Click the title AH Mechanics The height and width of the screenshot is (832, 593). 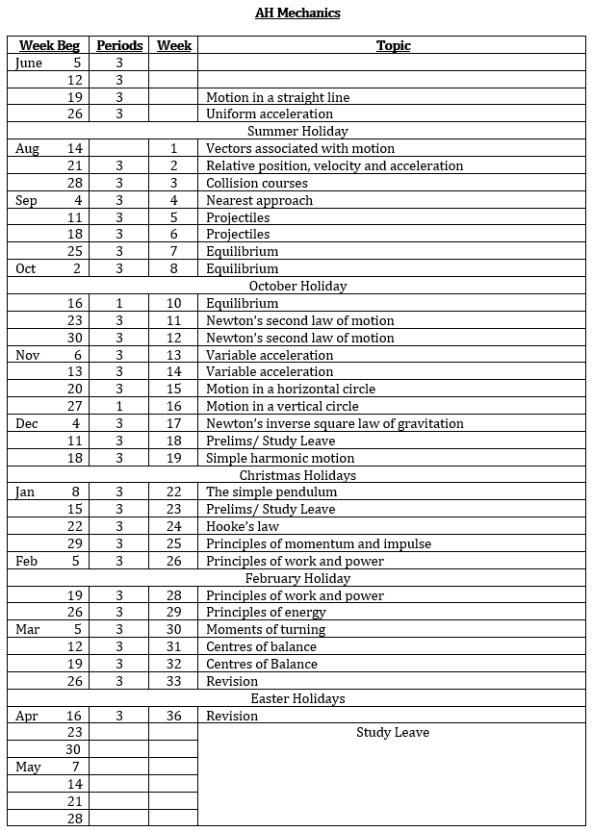(297, 13)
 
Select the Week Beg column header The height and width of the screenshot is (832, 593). (49, 46)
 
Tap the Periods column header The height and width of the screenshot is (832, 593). (119, 46)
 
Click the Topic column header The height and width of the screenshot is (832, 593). (393, 46)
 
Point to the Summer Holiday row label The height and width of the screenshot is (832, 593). (297, 131)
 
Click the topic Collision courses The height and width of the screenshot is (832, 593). (257, 183)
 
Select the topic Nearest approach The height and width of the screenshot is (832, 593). (259, 200)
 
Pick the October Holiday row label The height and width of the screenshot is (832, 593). (297, 286)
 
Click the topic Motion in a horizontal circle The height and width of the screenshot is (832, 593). (291, 389)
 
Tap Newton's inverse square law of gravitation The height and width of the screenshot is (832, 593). (334, 423)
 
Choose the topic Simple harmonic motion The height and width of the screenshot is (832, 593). (280, 458)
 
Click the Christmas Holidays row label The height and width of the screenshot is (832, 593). (297, 475)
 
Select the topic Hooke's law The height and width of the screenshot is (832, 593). (243, 526)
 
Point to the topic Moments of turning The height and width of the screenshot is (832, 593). (266, 629)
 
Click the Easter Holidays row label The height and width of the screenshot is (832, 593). (297, 698)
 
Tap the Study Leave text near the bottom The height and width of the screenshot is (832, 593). (393, 733)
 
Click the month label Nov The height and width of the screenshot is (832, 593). (28, 355)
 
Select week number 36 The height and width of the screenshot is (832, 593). (173, 716)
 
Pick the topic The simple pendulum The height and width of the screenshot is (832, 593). (271, 492)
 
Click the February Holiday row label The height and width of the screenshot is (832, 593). (297, 578)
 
